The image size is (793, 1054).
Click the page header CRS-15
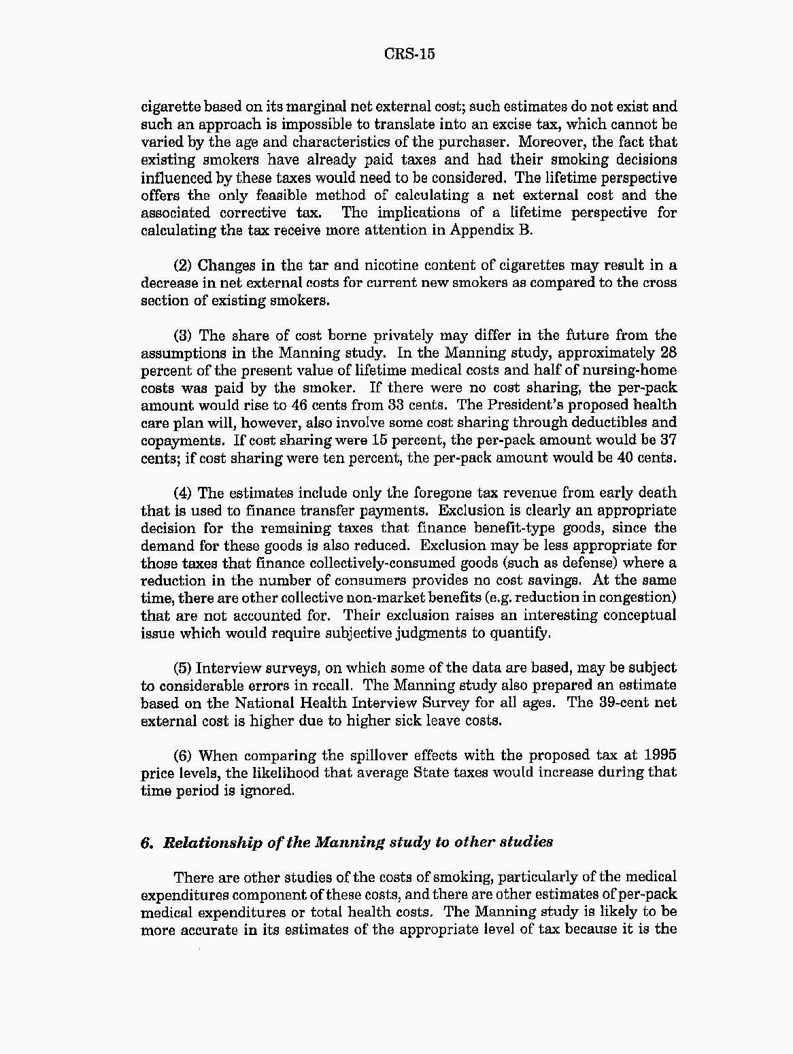409,54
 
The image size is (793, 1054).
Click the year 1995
660,756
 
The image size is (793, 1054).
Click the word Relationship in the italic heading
207,843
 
